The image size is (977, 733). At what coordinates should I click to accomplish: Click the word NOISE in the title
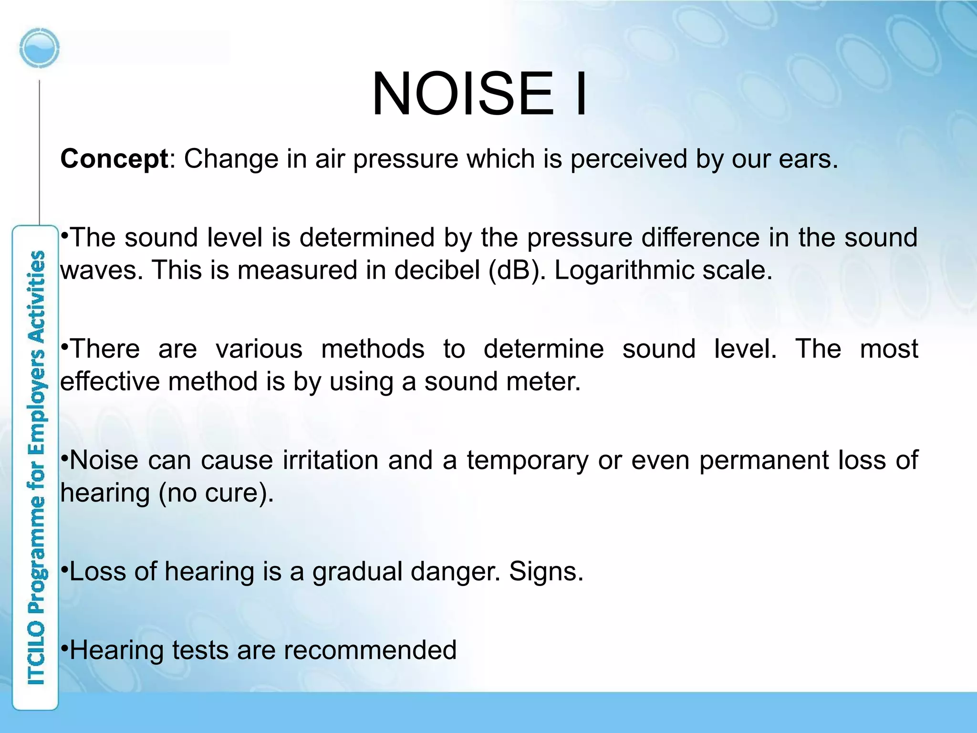pyautogui.click(x=463, y=94)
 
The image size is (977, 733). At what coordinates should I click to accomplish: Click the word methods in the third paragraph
pyautogui.click(x=373, y=349)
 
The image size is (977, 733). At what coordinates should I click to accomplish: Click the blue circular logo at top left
pyautogui.click(x=40, y=48)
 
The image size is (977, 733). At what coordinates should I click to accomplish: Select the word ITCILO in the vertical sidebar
pyautogui.click(x=36, y=654)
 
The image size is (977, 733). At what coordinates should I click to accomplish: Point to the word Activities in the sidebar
pyautogui.click(x=36, y=296)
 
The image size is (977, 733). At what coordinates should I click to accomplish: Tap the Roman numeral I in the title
pyautogui.click(x=581, y=94)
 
